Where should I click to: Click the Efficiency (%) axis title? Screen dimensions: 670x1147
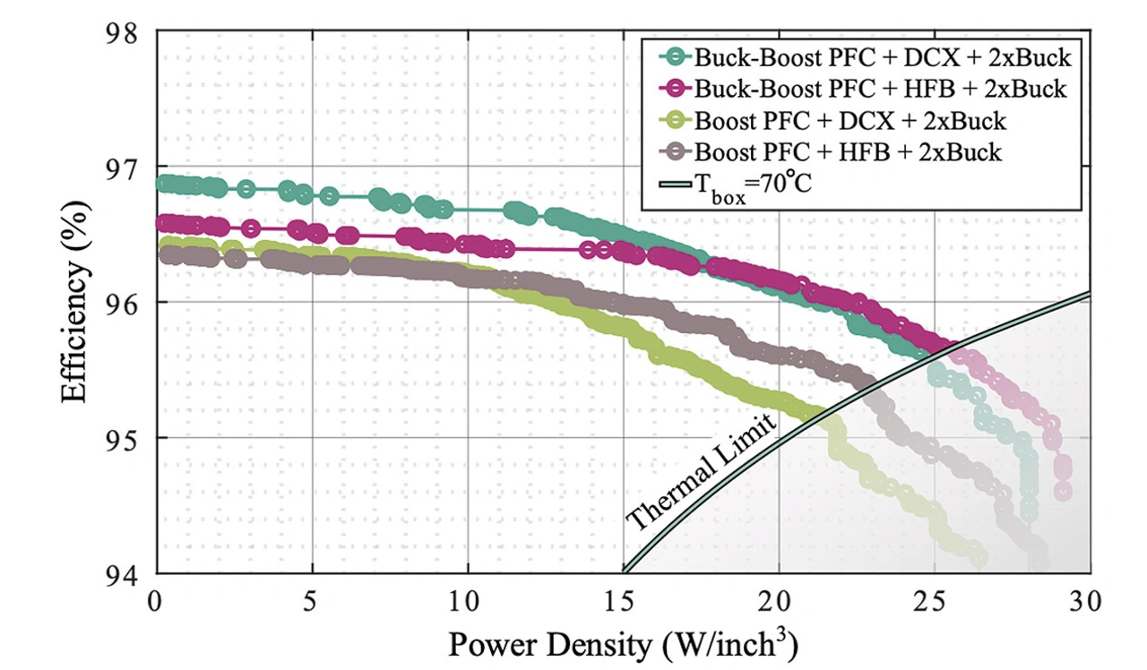pos(79,303)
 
